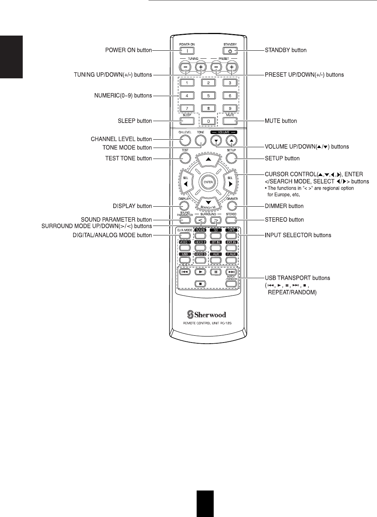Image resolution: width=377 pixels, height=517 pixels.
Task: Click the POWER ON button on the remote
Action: point(187,50)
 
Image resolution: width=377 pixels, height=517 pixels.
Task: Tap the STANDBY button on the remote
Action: point(230,50)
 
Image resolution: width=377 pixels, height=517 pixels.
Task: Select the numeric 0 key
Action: point(208,121)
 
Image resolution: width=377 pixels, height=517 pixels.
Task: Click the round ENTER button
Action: point(208,182)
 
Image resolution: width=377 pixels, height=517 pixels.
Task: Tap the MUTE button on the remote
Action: point(230,121)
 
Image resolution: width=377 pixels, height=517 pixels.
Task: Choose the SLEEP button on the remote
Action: point(187,121)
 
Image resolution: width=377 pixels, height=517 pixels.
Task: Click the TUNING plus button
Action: point(201,67)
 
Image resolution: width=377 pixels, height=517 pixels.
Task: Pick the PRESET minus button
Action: point(216,67)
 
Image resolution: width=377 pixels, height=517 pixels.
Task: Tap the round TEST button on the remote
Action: point(185,158)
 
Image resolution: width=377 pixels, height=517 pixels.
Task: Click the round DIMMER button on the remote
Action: point(232,206)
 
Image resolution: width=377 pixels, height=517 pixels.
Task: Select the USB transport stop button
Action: point(200,283)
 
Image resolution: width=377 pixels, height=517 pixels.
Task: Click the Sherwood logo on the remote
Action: point(208,314)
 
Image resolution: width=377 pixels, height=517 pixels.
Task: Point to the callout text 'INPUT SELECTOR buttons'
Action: point(298,235)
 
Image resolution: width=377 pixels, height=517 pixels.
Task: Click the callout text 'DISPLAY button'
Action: point(132,206)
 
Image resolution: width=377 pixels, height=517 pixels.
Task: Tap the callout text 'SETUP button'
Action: point(282,159)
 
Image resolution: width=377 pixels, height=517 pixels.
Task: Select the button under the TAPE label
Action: point(232,235)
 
